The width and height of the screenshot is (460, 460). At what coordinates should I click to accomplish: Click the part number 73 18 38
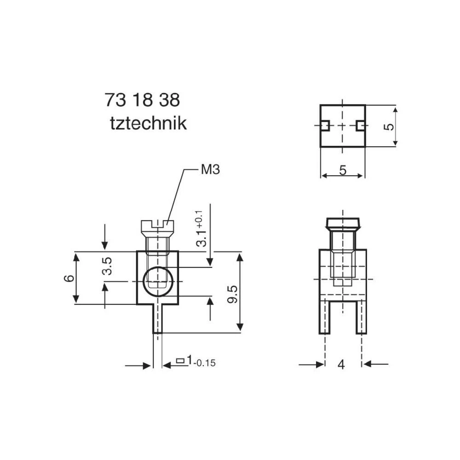pyautogui.click(x=142, y=100)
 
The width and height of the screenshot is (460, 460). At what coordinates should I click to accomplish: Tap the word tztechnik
pyautogui.click(x=148, y=123)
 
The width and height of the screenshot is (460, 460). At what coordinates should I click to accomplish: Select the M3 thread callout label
pyautogui.click(x=210, y=170)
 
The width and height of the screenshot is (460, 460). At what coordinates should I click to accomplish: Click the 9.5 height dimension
pyautogui.click(x=232, y=293)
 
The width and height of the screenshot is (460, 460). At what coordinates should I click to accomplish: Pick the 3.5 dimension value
pyautogui.click(x=107, y=266)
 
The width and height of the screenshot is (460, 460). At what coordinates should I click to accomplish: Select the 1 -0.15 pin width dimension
pyautogui.click(x=201, y=362)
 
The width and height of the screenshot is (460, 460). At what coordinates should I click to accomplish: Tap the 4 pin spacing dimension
pyautogui.click(x=341, y=365)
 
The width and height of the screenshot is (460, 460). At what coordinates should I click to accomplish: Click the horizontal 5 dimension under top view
pyautogui.click(x=343, y=170)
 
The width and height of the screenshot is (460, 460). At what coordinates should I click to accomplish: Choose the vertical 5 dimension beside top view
pyautogui.click(x=389, y=126)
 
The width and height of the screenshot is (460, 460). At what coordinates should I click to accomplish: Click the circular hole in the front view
pyautogui.click(x=158, y=281)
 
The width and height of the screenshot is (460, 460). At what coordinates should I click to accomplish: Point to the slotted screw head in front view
pyautogui.click(x=157, y=225)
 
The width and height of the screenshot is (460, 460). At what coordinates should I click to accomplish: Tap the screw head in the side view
pyautogui.click(x=343, y=224)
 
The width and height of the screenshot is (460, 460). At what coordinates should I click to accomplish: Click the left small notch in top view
pyautogui.click(x=324, y=126)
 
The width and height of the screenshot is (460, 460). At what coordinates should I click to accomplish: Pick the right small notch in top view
pyautogui.click(x=361, y=126)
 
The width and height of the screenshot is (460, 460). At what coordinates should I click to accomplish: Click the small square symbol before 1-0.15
pyautogui.click(x=181, y=361)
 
